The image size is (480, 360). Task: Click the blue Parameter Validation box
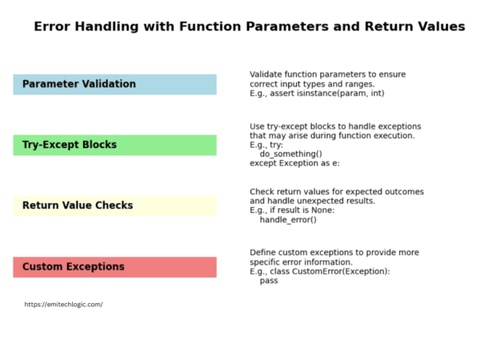[x=114, y=84]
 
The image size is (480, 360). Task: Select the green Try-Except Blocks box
[x=114, y=145]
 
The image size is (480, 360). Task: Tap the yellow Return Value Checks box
[x=114, y=206]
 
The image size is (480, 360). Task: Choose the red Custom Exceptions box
[x=114, y=266]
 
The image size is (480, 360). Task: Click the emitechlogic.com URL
[x=63, y=304]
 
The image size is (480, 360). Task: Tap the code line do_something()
[x=291, y=154]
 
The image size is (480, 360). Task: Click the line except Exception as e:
[x=294, y=163]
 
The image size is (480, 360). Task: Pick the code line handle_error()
[x=288, y=220]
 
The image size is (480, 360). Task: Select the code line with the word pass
[x=269, y=281]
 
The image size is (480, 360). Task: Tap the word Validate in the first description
[x=267, y=74]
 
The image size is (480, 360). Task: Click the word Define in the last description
[x=264, y=252]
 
